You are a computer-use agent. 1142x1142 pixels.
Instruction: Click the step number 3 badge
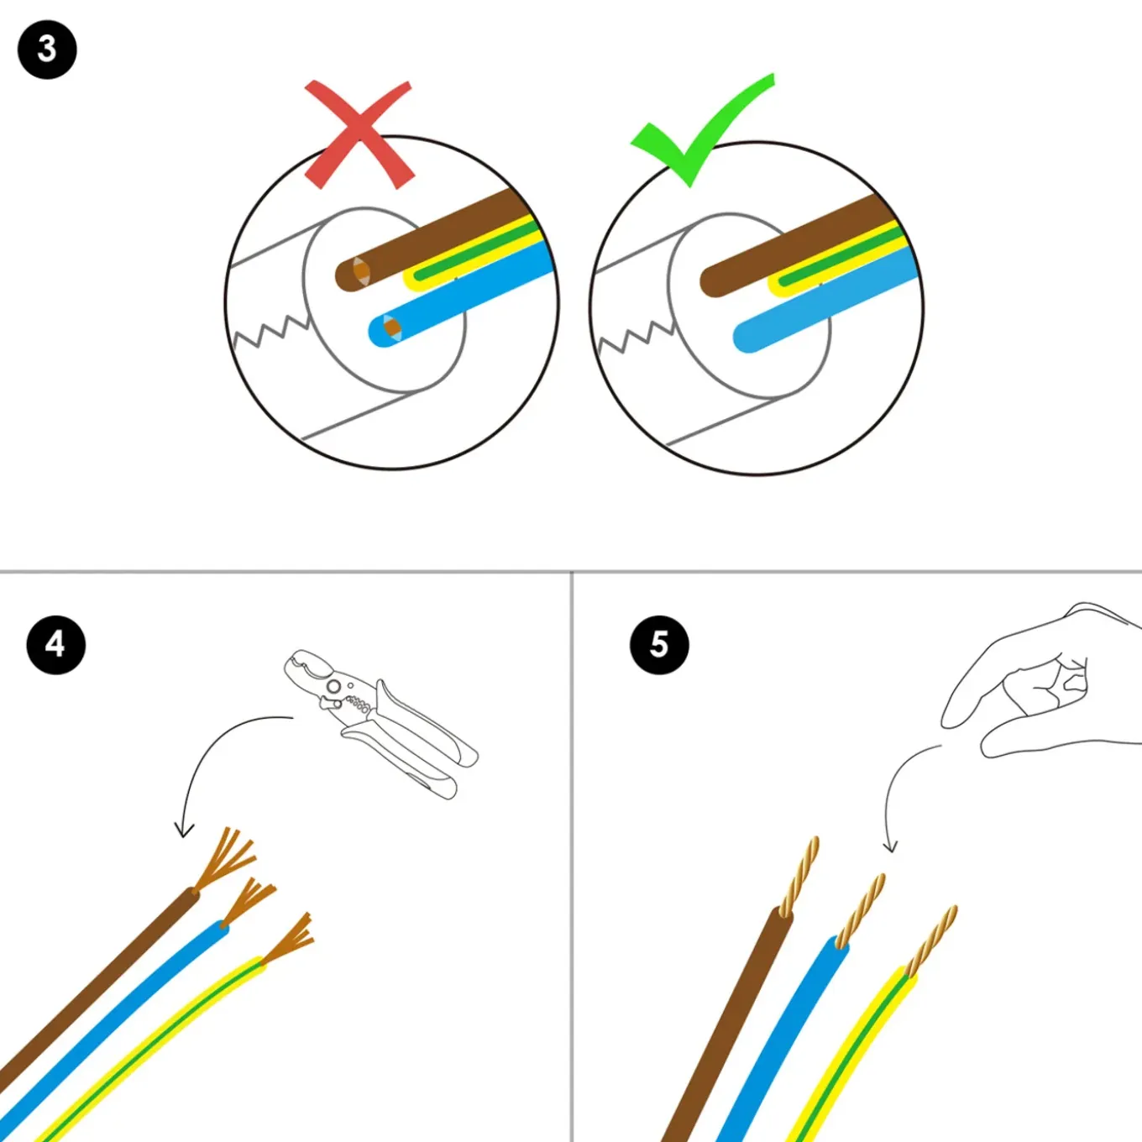pyautogui.click(x=47, y=50)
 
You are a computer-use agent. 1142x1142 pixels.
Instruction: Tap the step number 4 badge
pyautogui.click(x=55, y=645)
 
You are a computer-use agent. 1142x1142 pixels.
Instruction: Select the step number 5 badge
pyautogui.click(x=659, y=645)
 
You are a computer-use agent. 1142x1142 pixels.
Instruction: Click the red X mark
pyautogui.click(x=359, y=135)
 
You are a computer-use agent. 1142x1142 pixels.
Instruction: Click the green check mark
pyautogui.click(x=702, y=130)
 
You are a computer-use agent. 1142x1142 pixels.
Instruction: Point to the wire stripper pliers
pyautogui.click(x=380, y=723)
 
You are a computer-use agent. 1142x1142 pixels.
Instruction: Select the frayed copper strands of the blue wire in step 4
pyautogui.click(x=249, y=902)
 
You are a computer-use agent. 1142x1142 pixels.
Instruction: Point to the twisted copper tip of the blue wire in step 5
pyautogui.click(x=861, y=910)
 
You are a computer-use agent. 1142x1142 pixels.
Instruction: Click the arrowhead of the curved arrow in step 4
pyautogui.click(x=184, y=830)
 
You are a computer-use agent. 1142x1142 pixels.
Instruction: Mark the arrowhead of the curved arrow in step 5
pyautogui.click(x=890, y=846)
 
